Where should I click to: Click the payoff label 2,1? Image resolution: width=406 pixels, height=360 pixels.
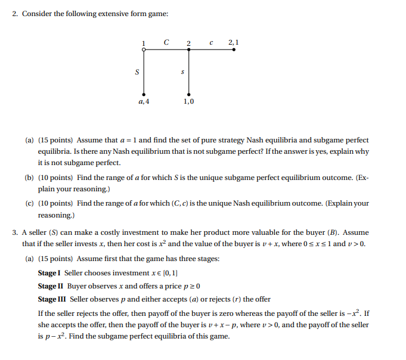coord(233,42)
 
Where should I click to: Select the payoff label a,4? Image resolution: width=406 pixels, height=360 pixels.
coord(144,102)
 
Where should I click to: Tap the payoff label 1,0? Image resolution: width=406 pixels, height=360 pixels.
coord(188,102)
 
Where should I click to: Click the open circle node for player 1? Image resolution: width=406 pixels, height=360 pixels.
coord(144,50)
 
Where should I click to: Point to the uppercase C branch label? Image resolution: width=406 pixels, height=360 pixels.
coord(166,42)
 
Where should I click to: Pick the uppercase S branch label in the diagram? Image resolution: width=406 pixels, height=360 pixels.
coord(137,73)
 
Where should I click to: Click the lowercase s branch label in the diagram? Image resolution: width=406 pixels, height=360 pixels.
coord(182,73)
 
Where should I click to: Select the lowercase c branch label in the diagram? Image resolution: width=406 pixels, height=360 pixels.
coord(211,42)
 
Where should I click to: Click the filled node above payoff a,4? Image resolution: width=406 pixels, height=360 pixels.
coord(144,94)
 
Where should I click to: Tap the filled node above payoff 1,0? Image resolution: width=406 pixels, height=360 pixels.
coord(189,94)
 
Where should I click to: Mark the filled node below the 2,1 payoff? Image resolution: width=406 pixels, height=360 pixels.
coord(233,50)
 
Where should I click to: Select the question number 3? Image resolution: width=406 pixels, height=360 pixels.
coord(16,232)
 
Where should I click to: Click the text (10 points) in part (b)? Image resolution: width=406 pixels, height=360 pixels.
coord(56,178)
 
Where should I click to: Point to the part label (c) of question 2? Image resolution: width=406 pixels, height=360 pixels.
coord(29,203)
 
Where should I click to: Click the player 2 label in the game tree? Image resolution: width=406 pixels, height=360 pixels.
coord(188,43)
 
